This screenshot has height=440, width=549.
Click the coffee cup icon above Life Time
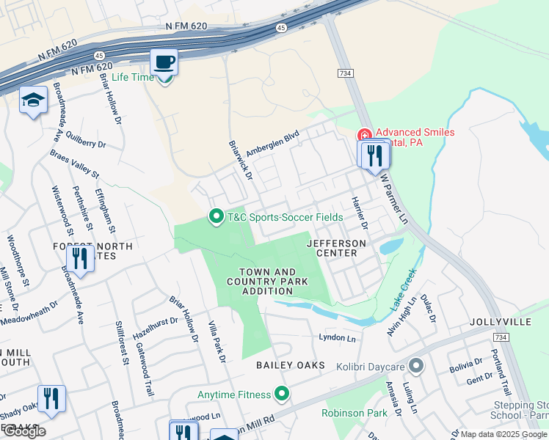tap(164, 62)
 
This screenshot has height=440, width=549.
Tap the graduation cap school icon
tap(33, 100)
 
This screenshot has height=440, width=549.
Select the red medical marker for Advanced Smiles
tap(363, 136)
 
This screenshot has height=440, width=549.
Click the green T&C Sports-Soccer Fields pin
tap(216, 217)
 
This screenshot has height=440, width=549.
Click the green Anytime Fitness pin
tap(281, 395)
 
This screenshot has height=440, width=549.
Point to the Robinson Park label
tap(355, 413)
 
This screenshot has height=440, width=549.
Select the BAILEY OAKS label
tap(289, 365)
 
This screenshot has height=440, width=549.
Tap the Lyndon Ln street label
tap(337, 337)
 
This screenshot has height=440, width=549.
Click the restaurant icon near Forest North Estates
tap(79, 258)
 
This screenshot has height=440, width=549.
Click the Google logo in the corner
tap(24, 431)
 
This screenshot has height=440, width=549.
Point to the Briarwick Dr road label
tap(240, 161)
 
